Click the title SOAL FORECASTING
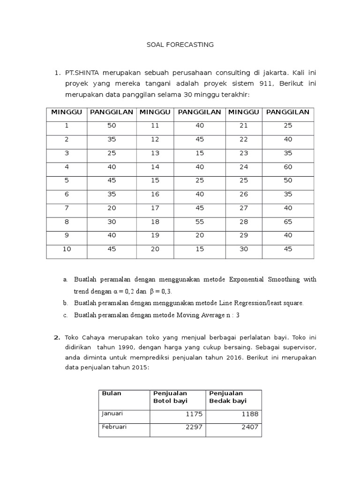(x=180, y=45)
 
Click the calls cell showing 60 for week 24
(x=288, y=166)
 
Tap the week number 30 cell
(x=244, y=249)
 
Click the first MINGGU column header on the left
(x=67, y=112)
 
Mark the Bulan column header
(x=112, y=393)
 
